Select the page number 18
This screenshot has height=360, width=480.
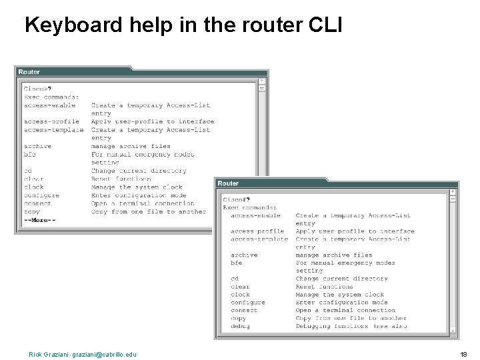point(464,354)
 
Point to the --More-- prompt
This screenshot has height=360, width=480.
point(39,220)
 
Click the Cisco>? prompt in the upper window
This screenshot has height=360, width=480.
point(38,89)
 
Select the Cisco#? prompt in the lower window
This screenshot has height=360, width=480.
point(237,199)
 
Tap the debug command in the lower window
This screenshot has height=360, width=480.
point(240,327)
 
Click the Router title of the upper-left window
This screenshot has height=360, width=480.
point(29,72)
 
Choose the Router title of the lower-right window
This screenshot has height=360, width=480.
point(228,183)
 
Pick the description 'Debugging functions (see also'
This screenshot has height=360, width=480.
point(351,327)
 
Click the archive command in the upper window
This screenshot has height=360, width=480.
point(37,146)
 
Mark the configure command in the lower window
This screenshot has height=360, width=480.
point(248,303)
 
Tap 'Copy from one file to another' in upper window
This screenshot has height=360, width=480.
point(149,212)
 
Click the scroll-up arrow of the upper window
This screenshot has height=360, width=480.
point(262,81)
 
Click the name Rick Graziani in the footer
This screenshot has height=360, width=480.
point(47,354)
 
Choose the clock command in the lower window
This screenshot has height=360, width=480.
point(241,295)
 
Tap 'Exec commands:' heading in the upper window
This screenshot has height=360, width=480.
point(51,97)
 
